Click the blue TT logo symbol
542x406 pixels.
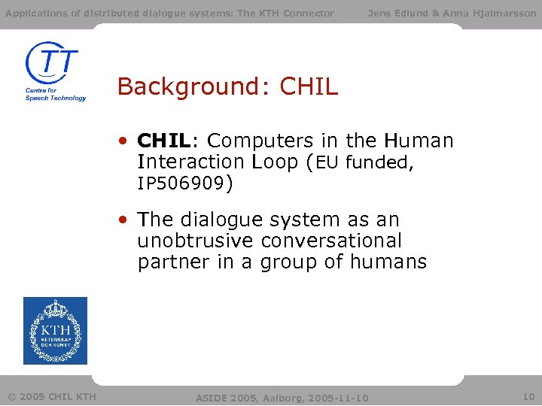[x=52, y=63]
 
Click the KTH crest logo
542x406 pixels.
[x=55, y=331]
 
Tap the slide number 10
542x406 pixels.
[x=528, y=396]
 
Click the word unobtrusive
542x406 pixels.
[x=196, y=241]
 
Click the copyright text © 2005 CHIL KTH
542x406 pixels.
[x=51, y=396]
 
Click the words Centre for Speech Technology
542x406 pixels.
[x=55, y=94]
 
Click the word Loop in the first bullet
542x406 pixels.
[x=275, y=162]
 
